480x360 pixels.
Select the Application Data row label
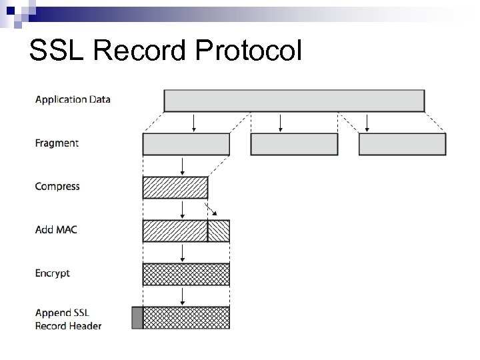click(73, 100)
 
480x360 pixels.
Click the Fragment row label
click(57, 143)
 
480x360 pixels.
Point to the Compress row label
click(57, 187)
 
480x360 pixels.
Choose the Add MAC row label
click(56, 230)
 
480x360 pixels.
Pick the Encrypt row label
click(53, 273)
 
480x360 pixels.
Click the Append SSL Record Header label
click(68, 319)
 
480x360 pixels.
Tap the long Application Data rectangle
click(294, 101)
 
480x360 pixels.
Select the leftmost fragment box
click(186, 144)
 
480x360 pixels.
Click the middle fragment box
click(294, 144)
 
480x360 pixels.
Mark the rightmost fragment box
click(402, 144)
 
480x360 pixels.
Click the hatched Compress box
click(175, 187)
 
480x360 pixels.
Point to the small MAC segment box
click(219, 231)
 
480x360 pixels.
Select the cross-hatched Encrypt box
click(186, 274)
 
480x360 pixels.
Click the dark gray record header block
click(137, 317)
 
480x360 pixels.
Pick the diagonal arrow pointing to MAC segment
click(211, 211)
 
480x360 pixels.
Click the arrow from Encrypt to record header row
click(183, 296)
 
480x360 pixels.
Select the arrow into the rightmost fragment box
click(367, 123)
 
